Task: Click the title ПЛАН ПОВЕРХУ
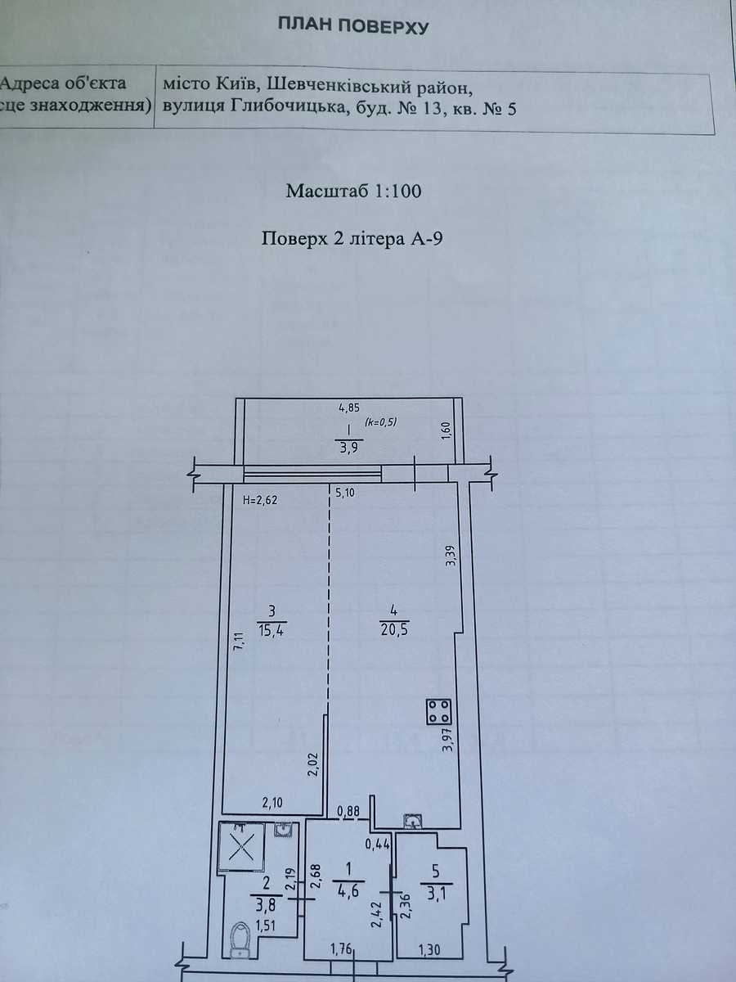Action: [x=353, y=26]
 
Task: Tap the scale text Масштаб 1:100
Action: [x=353, y=191]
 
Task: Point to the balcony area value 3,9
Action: [x=348, y=448]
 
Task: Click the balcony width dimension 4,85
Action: [x=349, y=408]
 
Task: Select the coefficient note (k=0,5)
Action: [x=381, y=422]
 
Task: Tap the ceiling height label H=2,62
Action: [x=260, y=500]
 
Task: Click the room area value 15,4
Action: [x=272, y=630]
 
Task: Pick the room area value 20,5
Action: [x=394, y=630]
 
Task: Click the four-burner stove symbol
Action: [x=439, y=712]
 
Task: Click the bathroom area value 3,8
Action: [x=267, y=906]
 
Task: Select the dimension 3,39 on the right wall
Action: [x=451, y=556]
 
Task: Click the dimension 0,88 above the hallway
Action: [x=348, y=811]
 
